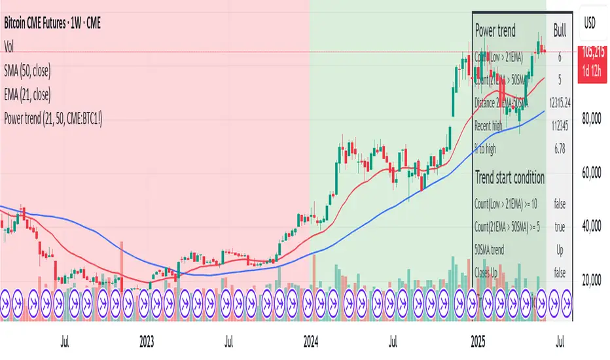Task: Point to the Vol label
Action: (x=9, y=46)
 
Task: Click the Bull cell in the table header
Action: (x=560, y=30)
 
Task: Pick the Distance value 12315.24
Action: (x=560, y=103)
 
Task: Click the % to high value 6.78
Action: (x=560, y=149)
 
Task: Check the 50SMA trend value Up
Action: (x=560, y=250)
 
